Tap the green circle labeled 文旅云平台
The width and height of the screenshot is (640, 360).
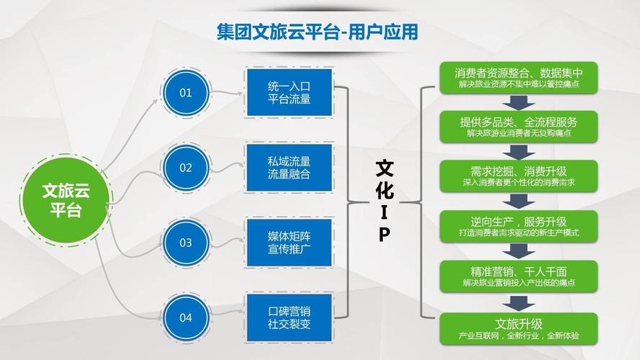pos(66,200)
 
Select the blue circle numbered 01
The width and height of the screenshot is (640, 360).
pos(186,92)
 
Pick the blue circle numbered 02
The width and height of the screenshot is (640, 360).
pos(186,168)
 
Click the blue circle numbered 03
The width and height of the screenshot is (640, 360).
pos(186,243)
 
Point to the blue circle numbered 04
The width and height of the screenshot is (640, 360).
pos(186,318)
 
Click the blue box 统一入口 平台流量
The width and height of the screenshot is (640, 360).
pos(289,93)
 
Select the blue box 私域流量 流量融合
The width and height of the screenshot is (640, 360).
pos(289,168)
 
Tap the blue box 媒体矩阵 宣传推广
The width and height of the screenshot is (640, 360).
pos(289,243)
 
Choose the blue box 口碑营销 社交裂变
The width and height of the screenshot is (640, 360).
pos(289,317)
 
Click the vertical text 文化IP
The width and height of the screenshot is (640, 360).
pos(384,202)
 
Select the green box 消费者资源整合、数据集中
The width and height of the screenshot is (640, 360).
pos(518,78)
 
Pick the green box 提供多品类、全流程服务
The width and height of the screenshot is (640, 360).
pos(518,127)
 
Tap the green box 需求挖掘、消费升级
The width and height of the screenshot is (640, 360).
pos(518,176)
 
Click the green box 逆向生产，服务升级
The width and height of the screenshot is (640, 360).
pos(518,227)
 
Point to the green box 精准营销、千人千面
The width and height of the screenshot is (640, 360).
pos(518,276)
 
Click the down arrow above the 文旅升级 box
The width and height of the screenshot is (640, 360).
pos(518,302)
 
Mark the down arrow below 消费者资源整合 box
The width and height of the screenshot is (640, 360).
pos(518,102)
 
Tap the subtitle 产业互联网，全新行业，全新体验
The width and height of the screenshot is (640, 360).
pos(518,336)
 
